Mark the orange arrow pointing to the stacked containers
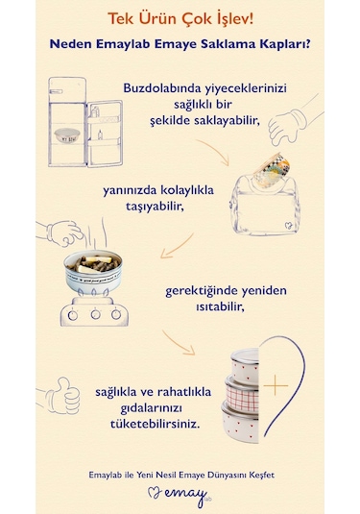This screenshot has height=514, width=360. (180, 340)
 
